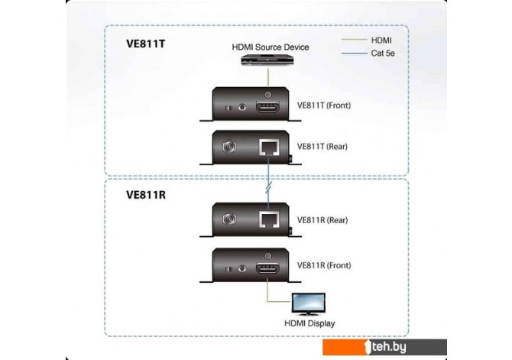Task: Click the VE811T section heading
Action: pos(145,44)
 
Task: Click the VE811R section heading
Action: pos(146,195)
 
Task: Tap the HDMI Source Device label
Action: pos(271,47)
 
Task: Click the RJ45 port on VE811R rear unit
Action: pos(269,221)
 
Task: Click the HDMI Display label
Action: pos(310,324)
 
